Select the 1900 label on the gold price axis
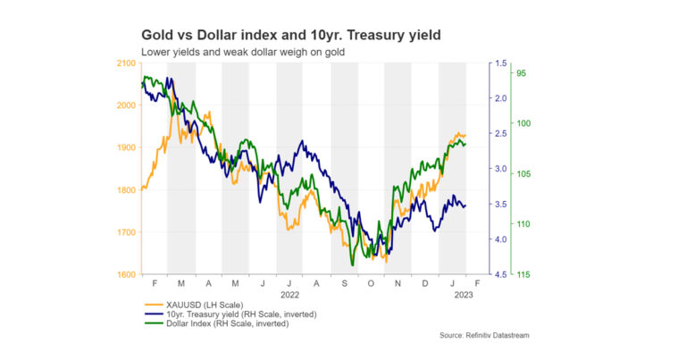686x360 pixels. [125, 147]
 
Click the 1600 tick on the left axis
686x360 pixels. [125, 274]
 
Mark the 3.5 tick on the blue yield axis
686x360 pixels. [499, 205]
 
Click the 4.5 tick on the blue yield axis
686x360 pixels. [499, 274]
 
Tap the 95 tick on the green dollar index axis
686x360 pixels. [523, 74]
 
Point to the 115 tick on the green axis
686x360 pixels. [524, 274]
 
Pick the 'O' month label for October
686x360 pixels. [372, 282]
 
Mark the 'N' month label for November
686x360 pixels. [398, 282]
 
